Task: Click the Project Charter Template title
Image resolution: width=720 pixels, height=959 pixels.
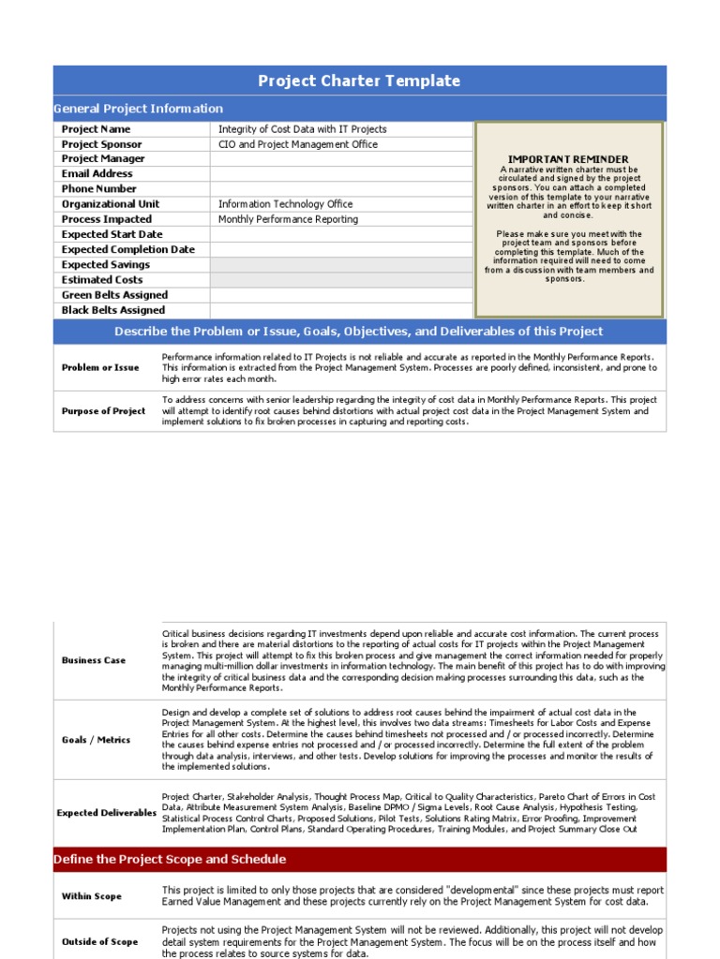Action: click(x=359, y=81)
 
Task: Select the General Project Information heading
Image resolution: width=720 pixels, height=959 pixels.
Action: click(x=139, y=109)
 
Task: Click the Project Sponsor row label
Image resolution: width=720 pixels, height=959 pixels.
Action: click(x=102, y=144)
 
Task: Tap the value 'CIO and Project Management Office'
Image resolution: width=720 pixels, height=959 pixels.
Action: click(x=298, y=144)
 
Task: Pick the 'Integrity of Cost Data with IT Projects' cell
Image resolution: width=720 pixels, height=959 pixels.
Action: click(x=302, y=129)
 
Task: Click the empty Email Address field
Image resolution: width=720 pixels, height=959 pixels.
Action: click(x=341, y=174)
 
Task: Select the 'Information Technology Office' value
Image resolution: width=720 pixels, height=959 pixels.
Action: click(x=286, y=204)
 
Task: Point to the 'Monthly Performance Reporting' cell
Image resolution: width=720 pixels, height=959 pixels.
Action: click(x=288, y=219)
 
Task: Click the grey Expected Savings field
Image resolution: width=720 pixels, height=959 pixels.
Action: click(x=341, y=265)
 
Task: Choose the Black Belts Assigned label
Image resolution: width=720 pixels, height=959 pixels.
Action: click(x=113, y=310)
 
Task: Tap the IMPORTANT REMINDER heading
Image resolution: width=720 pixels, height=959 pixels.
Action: click(x=568, y=159)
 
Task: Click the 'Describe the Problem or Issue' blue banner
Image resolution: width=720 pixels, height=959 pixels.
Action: click(x=359, y=332)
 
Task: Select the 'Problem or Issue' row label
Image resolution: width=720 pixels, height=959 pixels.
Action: click(x=100, y=368)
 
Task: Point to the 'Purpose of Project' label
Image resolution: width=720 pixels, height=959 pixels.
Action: click(x=103, y=411)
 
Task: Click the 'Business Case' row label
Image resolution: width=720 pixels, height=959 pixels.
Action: click(x=94, y=660)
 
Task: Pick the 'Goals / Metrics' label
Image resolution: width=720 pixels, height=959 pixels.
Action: click(x=97, y=740)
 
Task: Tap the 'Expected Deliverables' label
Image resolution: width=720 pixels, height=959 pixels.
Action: click(x=107, y=813)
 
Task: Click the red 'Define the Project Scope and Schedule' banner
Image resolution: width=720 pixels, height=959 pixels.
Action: click(x=171, y=860)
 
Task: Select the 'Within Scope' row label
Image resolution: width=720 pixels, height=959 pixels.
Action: click(x=92, y=896)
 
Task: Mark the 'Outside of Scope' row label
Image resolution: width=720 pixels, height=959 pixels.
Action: click(x=99, y=941)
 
